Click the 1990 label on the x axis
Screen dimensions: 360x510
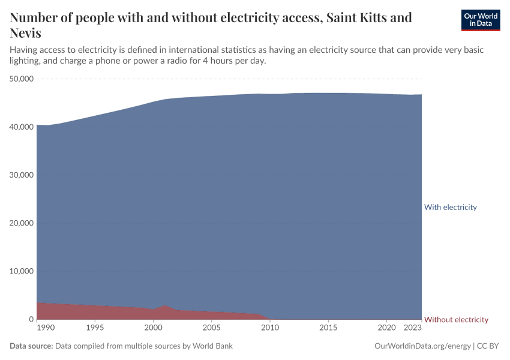[45, 328]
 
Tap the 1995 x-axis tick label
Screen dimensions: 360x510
[95, 328]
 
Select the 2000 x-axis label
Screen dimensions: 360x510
[153, 328]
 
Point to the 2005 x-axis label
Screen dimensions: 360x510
[211, 328]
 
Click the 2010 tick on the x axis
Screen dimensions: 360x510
[270, 328]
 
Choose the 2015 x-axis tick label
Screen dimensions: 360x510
[328, 328]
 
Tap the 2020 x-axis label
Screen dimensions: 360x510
[386, 328]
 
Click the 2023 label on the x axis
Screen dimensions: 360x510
[413, 328]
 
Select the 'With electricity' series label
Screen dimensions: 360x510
[450, 207]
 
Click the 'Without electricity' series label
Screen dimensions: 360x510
[456, 320]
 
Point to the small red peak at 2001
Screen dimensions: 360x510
[165, 307]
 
